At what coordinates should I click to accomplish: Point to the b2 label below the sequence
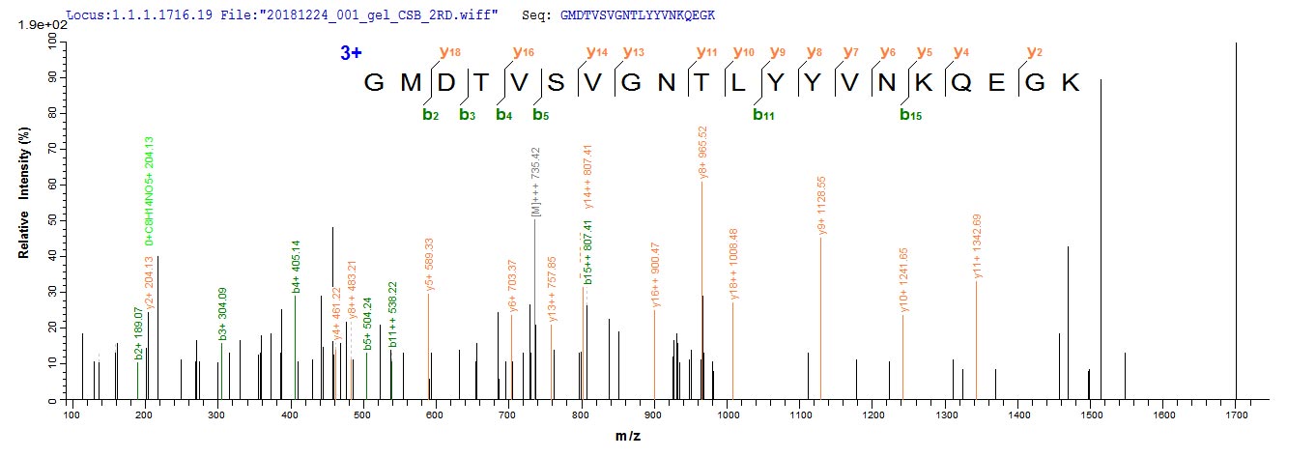pos(430,115)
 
